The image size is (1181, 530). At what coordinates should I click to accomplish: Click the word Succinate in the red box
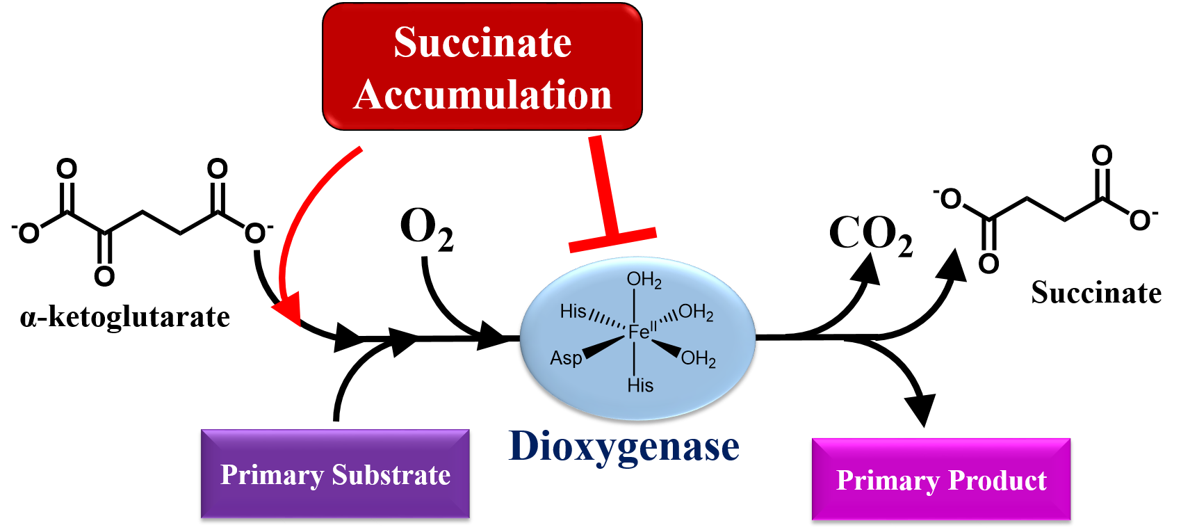[482, 42]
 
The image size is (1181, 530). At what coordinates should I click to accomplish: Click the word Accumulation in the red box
[482, 95]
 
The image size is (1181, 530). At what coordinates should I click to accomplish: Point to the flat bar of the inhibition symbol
[612, 239]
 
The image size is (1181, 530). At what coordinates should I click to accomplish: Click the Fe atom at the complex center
[638, 332]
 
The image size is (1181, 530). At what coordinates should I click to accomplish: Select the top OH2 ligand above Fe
[644, 280]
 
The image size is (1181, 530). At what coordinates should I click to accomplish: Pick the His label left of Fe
[573, 311]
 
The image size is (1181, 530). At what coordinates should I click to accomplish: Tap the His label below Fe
[640, 385]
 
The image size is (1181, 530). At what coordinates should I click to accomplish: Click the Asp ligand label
[566, 358]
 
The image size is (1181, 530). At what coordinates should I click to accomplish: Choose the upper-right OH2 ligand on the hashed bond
[696, 312]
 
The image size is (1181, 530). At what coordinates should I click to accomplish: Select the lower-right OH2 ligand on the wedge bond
[698, 359]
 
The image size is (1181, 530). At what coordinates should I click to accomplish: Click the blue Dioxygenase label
[624, 446]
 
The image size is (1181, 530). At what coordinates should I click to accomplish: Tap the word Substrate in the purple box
[391, 474]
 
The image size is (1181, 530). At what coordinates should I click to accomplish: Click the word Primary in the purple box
[272, 475]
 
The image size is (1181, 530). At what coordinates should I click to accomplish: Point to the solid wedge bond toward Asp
[603, 346]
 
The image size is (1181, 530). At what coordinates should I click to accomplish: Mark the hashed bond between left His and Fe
[607, 321]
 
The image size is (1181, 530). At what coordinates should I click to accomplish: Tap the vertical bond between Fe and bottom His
[634, 358]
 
